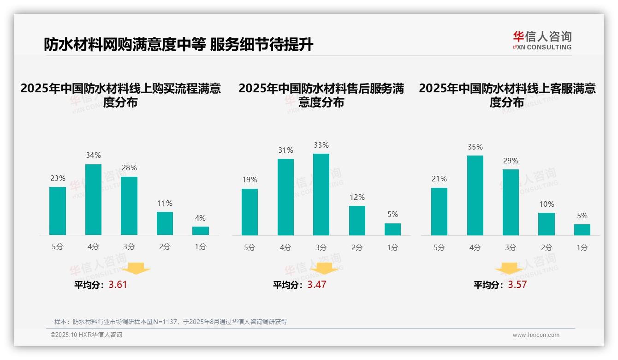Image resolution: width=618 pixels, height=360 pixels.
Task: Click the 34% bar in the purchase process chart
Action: pyautogui.click(x=93, y=199)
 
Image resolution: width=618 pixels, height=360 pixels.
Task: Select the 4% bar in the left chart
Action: pyautogui.click(x=201, y=230)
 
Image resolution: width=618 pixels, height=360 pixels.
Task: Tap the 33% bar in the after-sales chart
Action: pyautogui.click(x=321, y=194)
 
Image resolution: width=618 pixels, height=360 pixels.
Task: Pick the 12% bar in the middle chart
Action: pyautogui.click(x=357, y=220)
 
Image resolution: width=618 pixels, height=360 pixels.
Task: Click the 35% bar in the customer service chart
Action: pyautogui.click(x=475, y=195)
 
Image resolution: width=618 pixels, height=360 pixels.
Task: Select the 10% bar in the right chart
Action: pyautogui.click(x=547, y=224)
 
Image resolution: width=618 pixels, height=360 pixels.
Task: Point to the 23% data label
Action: pyautogui.click(x=58, y=179)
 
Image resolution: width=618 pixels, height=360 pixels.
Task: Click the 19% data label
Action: pyautogui.click(x=250, y=180)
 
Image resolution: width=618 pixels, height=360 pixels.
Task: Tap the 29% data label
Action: pyautogui.click(x=511, y=161)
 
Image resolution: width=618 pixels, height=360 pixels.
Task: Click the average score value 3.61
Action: pyautogui.click(x=118, y=285)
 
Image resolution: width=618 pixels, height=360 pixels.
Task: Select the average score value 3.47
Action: pyautogui.click(x=317, y=285)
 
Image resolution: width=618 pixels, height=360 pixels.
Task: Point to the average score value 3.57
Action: pyautogui.click(x=517, y=285)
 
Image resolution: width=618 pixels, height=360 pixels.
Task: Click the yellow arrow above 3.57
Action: pyautogui.click(x=509, y=269)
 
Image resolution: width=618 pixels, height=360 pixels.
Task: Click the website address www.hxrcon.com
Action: pyautogui.click(x=536, y=335)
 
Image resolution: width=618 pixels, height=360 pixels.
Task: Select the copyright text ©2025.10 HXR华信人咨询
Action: pyautogui.click(x=86, y=335)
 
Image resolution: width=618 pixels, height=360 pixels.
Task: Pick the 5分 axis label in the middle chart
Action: pyautogui.click(x=250, y=247)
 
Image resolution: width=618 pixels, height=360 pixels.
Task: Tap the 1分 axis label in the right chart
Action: pyautogui.click(x=582, y=247)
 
